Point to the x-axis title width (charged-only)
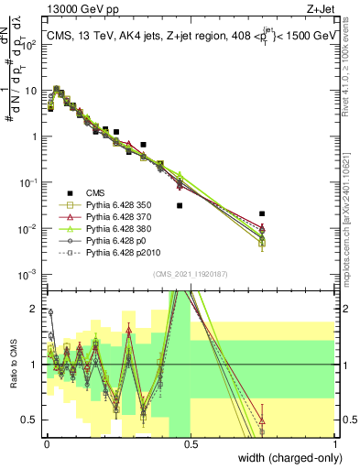tap(285, 458)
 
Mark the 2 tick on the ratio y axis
tap(37, 308)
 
